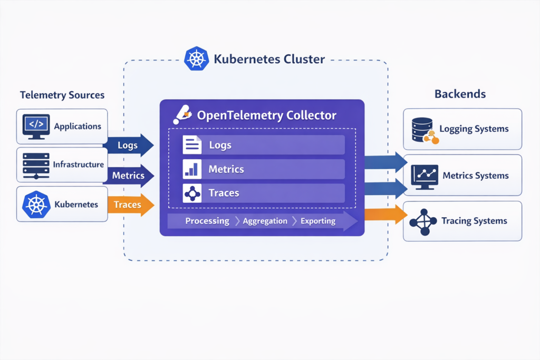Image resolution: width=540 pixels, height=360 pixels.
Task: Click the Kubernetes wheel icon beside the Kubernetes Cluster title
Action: [196, 59]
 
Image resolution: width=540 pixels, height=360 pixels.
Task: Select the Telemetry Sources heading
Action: [62, 95]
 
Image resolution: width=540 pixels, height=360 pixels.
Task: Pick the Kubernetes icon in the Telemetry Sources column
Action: [36, 204]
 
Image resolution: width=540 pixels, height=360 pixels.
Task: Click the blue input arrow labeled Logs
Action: [129, 145]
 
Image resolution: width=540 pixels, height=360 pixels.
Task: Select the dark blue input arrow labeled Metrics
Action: [129, 176]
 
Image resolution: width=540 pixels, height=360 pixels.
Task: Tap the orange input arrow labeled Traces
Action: [129, 205]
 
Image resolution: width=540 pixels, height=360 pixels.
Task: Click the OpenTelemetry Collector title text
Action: [266, 115]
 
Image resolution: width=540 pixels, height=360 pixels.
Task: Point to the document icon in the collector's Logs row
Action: [192, 145]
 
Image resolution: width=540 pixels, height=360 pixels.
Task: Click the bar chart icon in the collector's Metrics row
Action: [192, 169]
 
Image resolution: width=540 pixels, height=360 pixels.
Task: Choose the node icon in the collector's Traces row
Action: [192, 193]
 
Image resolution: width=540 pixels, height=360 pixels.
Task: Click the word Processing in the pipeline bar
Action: [207, 221]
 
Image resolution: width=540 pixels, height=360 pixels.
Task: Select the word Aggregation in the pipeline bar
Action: [265, 221]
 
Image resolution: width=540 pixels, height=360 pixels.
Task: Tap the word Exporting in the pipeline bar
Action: [317, 221]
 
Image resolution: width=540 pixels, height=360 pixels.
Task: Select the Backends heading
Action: [460, 94]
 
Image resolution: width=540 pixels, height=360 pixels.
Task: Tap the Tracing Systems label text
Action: [474, 221]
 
